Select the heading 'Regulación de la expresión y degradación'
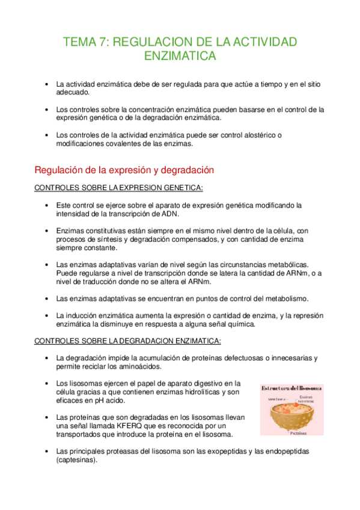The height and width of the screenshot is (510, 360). coord(124,170)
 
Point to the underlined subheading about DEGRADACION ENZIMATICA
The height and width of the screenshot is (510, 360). coord(127,341)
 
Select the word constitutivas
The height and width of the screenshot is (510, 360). coord(112,230)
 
